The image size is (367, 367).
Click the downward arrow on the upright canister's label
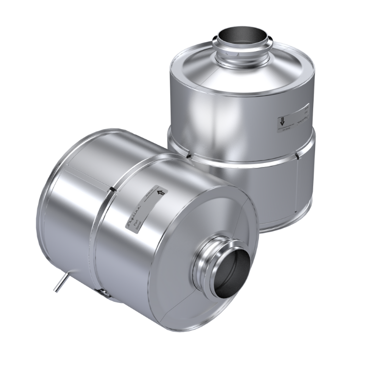pyautogui.click(x=283, y=122)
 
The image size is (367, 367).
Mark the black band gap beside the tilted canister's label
pyautogui.click(x=113, y=188)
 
